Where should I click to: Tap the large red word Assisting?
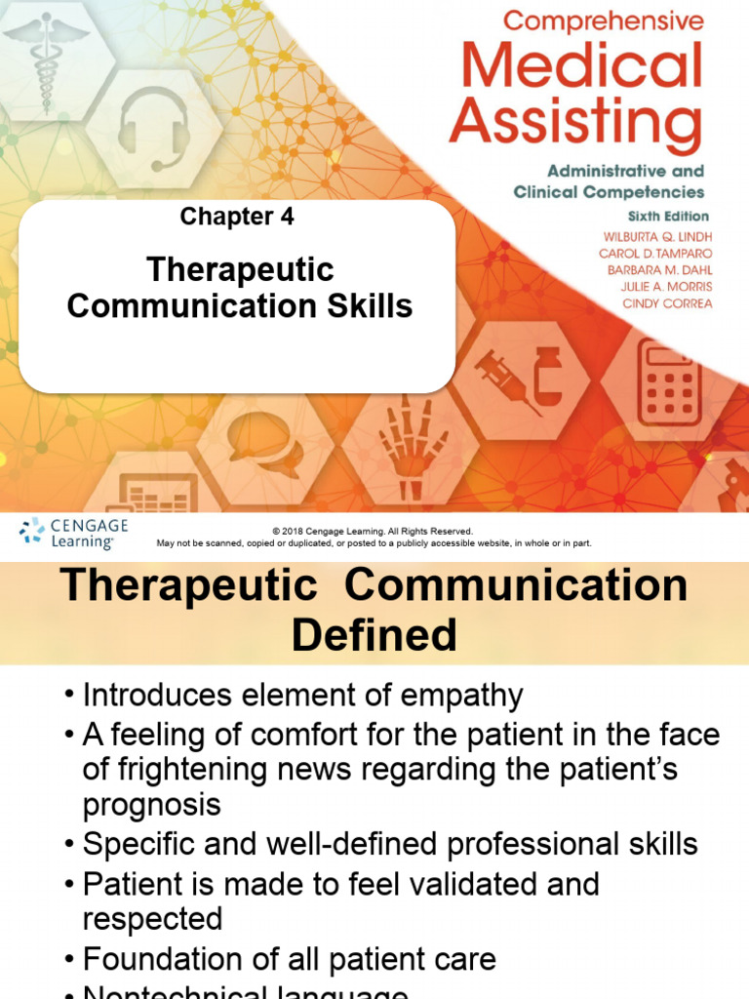(575, 125)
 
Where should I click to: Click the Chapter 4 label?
(237, 217)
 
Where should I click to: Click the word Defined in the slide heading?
(374, 635)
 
